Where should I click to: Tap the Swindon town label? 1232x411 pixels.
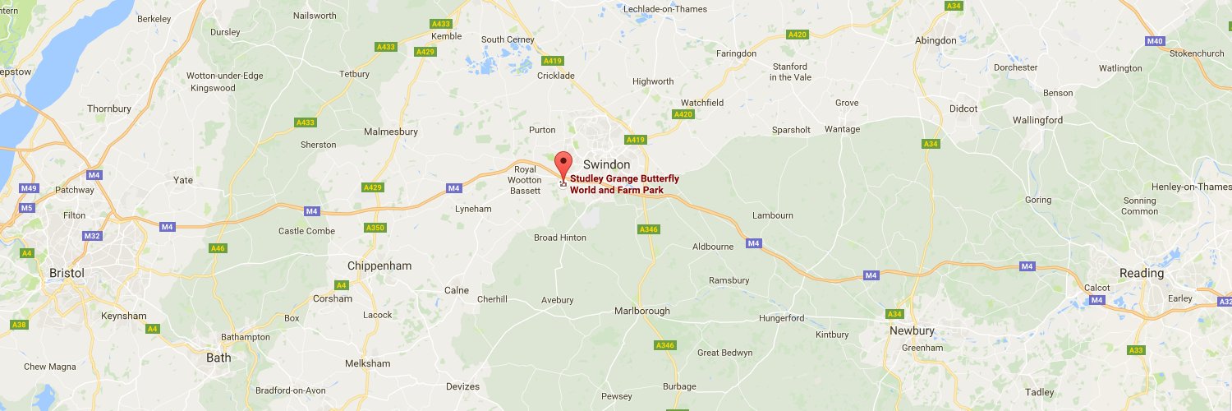[606, 164]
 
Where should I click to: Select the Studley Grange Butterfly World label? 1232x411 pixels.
[624, 184]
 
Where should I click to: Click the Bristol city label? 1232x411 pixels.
[67, 273]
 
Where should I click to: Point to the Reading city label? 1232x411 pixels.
[1141, 273]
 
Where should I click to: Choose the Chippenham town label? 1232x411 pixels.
[379, 266]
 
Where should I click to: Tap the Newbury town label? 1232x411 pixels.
[912, 330]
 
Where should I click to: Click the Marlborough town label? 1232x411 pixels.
[641, 311]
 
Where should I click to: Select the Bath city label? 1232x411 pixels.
[218, 358]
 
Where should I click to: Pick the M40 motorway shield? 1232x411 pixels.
[1154, 41]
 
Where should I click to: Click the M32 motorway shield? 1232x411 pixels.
[91, 236]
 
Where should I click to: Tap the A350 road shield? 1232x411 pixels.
[375, 227]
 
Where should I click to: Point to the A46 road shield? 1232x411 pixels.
[218, 247]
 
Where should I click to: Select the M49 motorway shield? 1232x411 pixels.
[30, 188]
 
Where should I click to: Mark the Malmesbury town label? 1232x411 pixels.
[391, 132]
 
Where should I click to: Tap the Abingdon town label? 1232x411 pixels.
[935, 40]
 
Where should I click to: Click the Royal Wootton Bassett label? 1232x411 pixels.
[526, 180]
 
